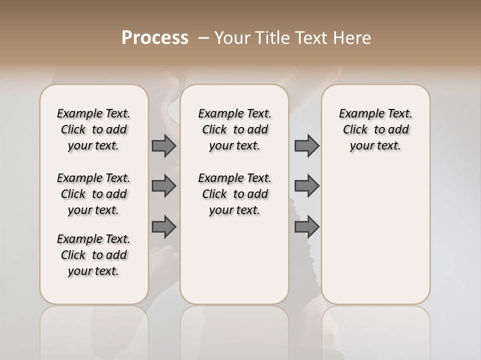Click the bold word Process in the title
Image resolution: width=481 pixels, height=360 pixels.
(x=155, y=38)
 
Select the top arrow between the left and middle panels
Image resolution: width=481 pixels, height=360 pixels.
(x=164, y=146)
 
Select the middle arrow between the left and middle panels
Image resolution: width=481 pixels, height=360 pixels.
(x=164, y=186)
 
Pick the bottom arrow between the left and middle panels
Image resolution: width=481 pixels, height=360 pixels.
(x=164, y=227)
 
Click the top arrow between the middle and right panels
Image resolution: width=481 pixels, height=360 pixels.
(x=307, y=146)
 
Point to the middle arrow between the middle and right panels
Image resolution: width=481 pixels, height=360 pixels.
(x=307, y=186)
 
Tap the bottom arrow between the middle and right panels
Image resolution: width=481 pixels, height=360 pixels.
(x=307, y=227)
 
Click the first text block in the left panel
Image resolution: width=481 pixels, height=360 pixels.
(x=94, y=129)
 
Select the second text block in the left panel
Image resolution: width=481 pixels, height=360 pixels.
(x=94, y=194)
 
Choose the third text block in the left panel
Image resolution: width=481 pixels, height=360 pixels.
(x=94, y=255)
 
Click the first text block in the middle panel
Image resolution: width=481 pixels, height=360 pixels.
(x=234, y=129)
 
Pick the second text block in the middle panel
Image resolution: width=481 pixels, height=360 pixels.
(x=234, y=194)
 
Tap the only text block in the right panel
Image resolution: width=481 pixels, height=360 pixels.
(x=375, y=129)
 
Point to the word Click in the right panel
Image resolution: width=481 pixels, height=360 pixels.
(x=355, y=130)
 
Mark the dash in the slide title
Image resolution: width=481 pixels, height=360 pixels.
(x=203, y=38)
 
